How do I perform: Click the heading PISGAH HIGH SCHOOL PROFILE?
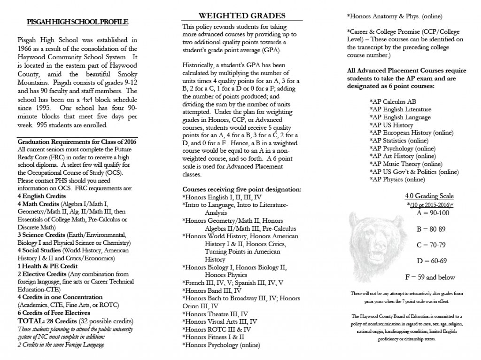pos(78,22)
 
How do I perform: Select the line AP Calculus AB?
pos(393,101)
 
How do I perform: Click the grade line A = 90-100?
pos(433,213)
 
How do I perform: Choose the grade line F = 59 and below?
pos(430,277)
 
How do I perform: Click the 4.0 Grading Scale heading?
pos(429,196)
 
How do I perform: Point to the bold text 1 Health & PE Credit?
pos(47,266)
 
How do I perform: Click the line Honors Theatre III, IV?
pos(216,314)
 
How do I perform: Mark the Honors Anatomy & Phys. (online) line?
pos(395,16)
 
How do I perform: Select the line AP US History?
pos(391,125)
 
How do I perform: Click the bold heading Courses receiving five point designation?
pos(241,189)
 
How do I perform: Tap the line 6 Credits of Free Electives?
pos(54,313)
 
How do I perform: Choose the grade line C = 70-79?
pos(432,245)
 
